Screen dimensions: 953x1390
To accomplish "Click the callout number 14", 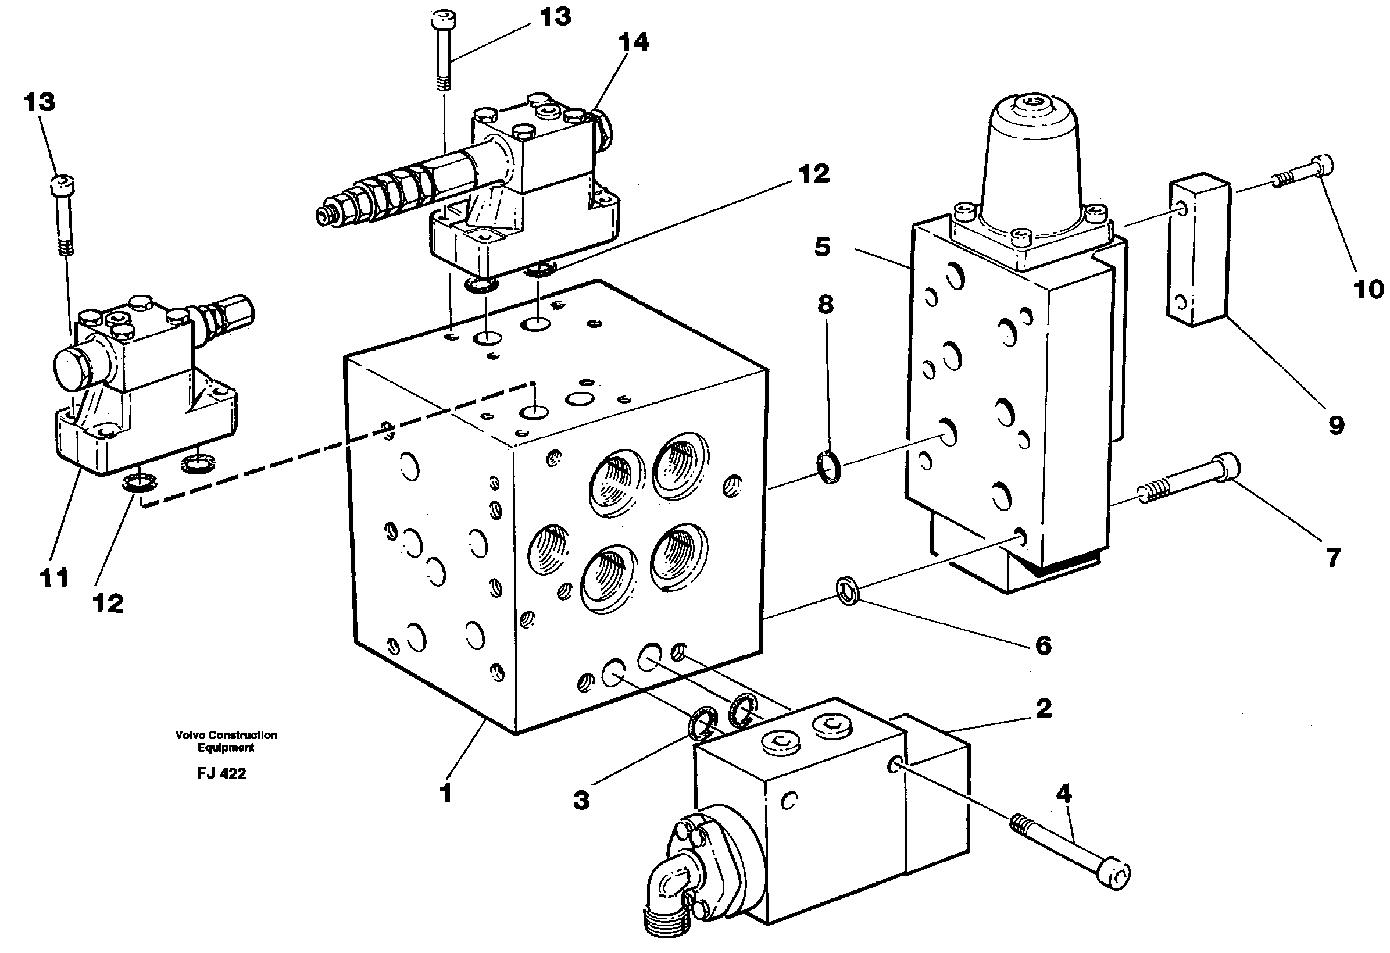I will pyautogui.click(x=634, y=42).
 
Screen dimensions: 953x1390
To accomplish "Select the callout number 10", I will pyautogui.click(x=1368, y=290).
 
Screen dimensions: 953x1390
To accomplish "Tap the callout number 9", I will pyautogui.click(x=1336, y=426).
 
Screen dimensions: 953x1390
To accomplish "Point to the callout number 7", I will pyautogui.click(x=1333, y=558).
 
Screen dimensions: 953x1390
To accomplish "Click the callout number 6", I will pyautogui.click(x=1043, y=645).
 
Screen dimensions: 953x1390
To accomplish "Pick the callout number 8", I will pyautogui.click(x=826, y=305).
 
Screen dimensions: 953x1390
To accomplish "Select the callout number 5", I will pyautogui.click(x=823, y=247).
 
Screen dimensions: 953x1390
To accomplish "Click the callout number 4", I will pyautogui.click(x=1063, y=794).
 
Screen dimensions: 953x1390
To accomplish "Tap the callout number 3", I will pyautogui.click(x=581, y=800).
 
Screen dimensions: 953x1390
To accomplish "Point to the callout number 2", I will pyautogui.click(x=1044, y=708).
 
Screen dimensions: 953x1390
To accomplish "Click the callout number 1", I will pyautogui.click(x=445, y=794).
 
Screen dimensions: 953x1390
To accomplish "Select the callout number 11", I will pyautogui.click(x=54, y=578).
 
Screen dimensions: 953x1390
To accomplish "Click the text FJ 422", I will pyautogui.click(x=221, y=773).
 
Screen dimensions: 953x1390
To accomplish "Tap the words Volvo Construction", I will pyautogui.click(x=226, y=734).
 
